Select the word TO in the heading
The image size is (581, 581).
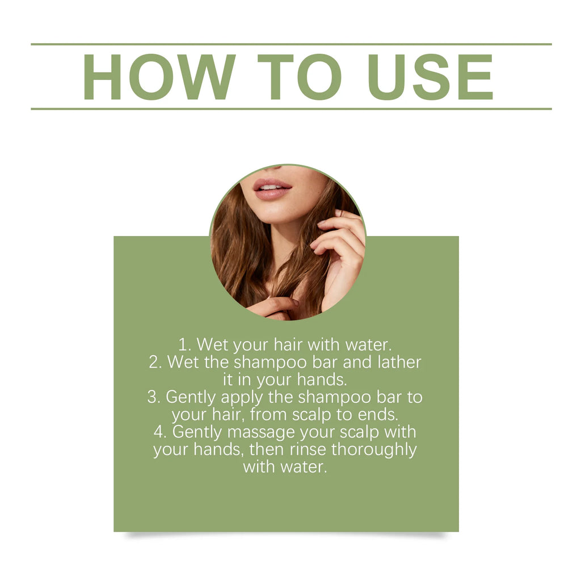[x=300, y=77]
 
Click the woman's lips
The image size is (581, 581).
[x=272, y=189]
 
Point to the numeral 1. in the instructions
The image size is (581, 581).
[x=184, y=344]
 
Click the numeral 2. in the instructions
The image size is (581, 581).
[x=155, y=362]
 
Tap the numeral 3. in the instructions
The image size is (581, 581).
[x=154, y=397]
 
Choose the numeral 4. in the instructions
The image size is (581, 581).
[x=159, y=432]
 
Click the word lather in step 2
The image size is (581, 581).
[x=399, y=362]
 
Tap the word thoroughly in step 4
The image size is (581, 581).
[x=374, y=450]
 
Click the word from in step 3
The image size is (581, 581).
[x=268, y=414]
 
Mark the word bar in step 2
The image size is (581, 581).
[x=324, y=362]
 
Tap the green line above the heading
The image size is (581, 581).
[x=291, y=44]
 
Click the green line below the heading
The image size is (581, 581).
[x=291, y=109]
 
